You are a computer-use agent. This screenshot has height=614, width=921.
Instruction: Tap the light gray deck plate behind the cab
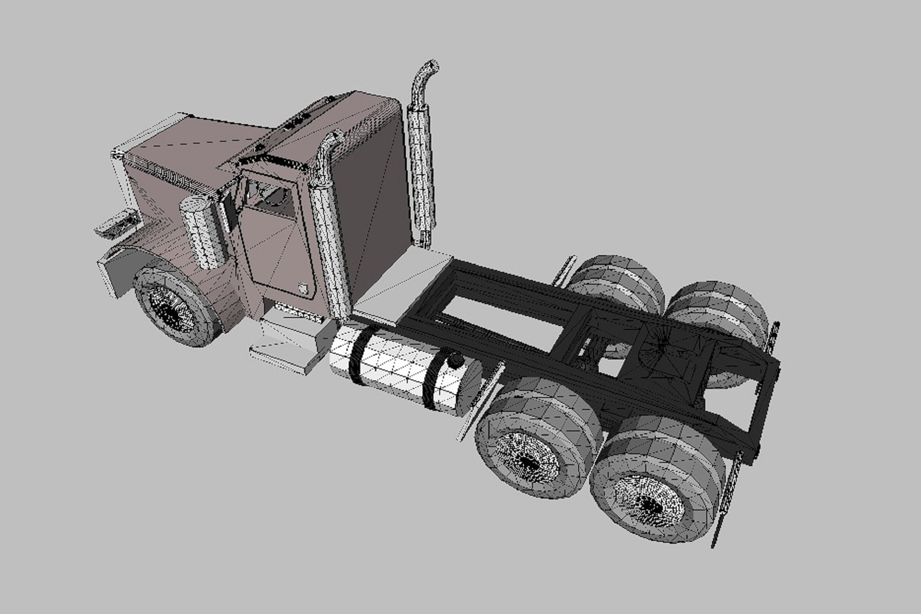coord(398,281)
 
